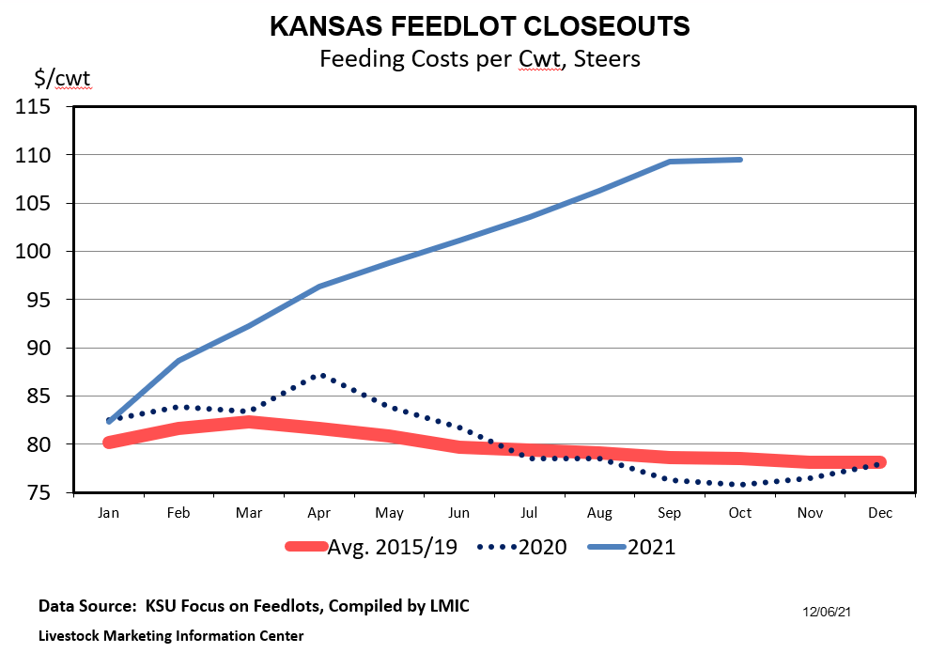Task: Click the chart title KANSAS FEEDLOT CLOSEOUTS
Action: pyautogui.click(x=479, y=26)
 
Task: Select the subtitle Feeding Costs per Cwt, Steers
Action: pyautogui.click(x=479, y=58)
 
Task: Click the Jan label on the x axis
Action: pyautogui.click(x=109, y=513)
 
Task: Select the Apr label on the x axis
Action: pyautogui.click(x=319, y=513)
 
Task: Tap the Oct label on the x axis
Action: pyautogui.click(x=740, y=513)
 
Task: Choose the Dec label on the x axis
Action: pyautogui.click(x=880, y=513)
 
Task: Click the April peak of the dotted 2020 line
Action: pyautogui.click(x=321, y=375)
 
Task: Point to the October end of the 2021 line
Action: pyautogui.click(x=740, y=160)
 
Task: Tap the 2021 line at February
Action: pyautogui.click(x=179, y=360)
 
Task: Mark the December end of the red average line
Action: pyautogui.click(x=879, y=462)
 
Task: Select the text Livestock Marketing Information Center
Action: pyautogui.click(x=171, y=636)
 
